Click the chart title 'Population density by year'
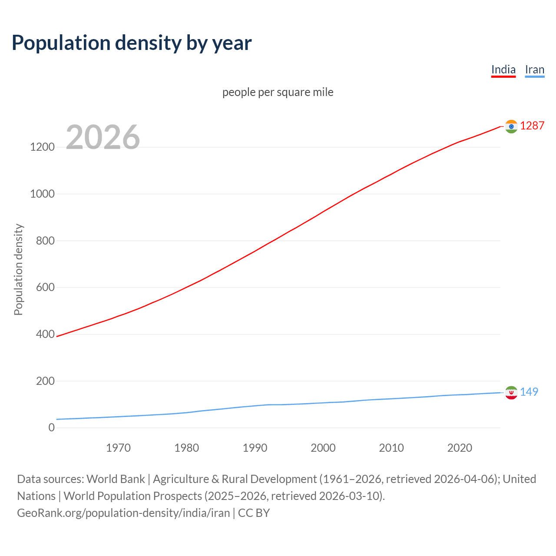132,43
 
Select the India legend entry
503,69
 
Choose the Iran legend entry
534,69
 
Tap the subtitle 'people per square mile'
278,92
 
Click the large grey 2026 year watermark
103,137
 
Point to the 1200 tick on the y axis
42,147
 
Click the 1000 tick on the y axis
42,194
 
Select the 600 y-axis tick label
45,288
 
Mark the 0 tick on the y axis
52,428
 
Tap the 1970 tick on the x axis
118,448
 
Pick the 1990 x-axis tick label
255,448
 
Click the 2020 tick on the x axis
460,448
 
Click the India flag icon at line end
511,126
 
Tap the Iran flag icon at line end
511,393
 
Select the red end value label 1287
532,126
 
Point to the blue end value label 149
529,392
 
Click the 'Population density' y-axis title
18,269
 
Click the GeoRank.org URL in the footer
123,513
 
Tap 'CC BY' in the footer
254,513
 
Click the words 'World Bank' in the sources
116,479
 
